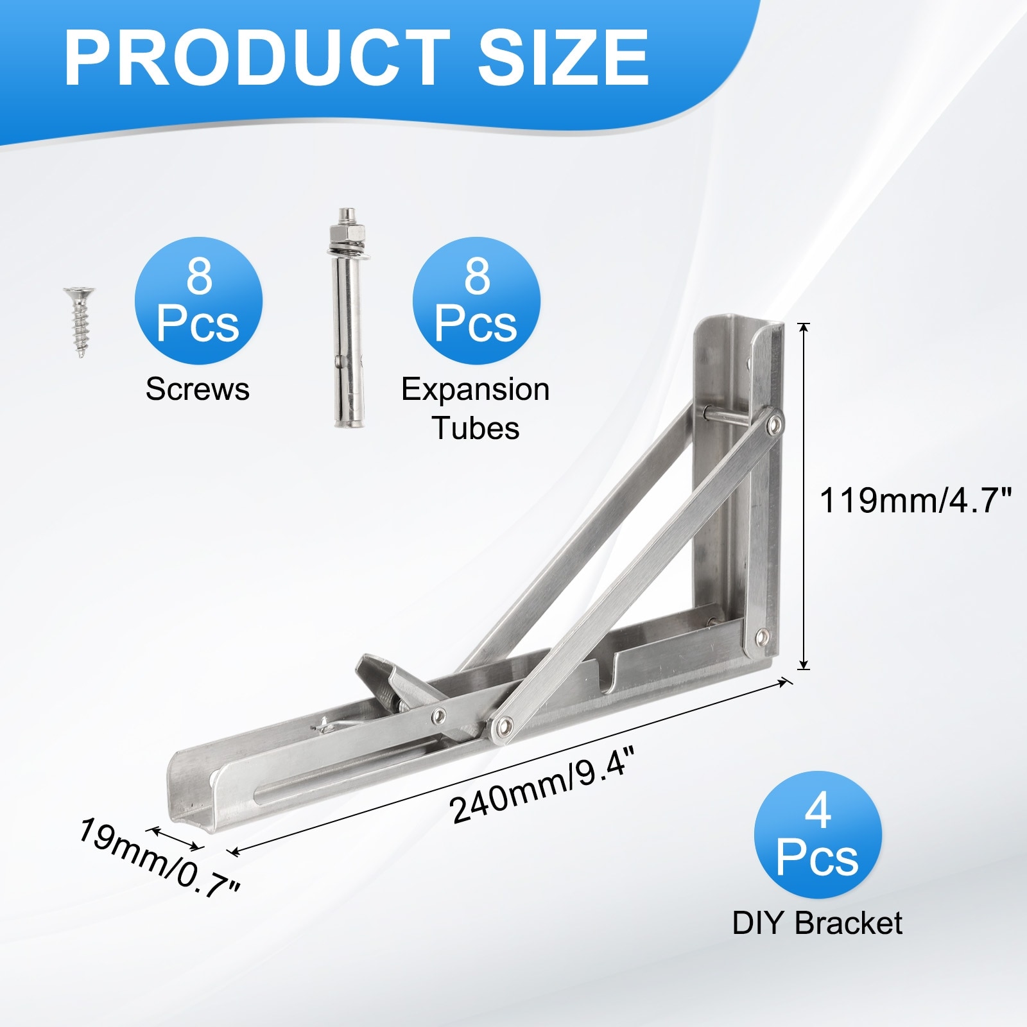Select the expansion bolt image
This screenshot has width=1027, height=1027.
pyautogui.click(x=346, y=318)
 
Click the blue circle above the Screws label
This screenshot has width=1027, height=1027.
pyautogui.click(x=198, y=301)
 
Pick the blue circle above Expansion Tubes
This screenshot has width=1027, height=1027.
pyautogui.click(x=476, y=301)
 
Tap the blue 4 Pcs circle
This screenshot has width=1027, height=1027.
pyautogui.click(x=818, y=835)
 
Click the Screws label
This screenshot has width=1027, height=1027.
pyautogui.click(x=198, y=390)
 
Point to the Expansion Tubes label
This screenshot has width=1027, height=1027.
pyautogui.click(x=476, y=409)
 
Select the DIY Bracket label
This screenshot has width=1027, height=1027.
pyautogui.click(x=817, y=923)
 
